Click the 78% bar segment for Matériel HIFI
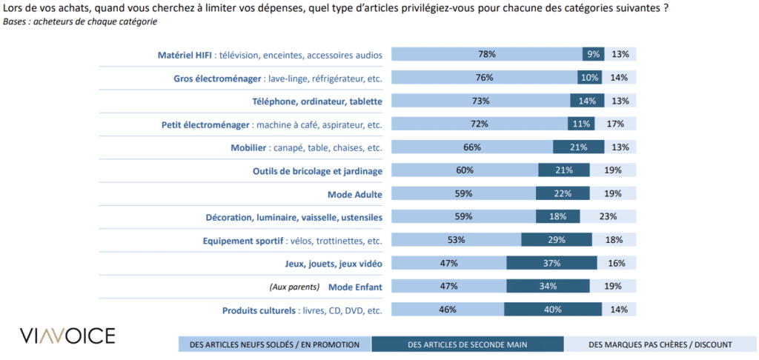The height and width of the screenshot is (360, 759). pyautogui.click(x=486, y=54)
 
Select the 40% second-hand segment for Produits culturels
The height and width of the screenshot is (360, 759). pyautogui.click(x=552, y=310)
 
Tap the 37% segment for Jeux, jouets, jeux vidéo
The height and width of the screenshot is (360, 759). pyautogui.click(x=551, y=263)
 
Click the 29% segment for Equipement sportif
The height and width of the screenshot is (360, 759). pyautogui.click(x=556, y=240)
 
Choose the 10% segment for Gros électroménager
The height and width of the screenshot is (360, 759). pyautogui.click(x=590, y=78)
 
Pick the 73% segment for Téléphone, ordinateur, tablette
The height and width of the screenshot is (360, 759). pyautogui.click(x=480, y=101)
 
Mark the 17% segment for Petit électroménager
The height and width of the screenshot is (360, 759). pyautogui.click(x=615, y=124)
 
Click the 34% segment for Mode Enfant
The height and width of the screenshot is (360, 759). pyautogui.click(x=548, y=286)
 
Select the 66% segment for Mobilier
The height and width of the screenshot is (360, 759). pyautogui.click(x=472, y=147)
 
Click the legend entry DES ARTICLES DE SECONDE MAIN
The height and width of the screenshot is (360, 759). pyautogui.click(x=467, y=344)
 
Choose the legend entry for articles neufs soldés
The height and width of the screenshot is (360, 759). pyautogui.click(x=274, y=344)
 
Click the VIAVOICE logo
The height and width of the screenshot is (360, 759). pyautogui.click(x=67, y=336)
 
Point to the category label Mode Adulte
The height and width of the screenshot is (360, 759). pyautogui.click(x=354, y=194)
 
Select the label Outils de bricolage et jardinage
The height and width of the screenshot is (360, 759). pyautogui.click(x=316, y=170)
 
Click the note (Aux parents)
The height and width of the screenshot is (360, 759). pyautogui.click(x=294, y=287)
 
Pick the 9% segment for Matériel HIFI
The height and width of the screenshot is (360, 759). pyautogui.click(x=593, y=54)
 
